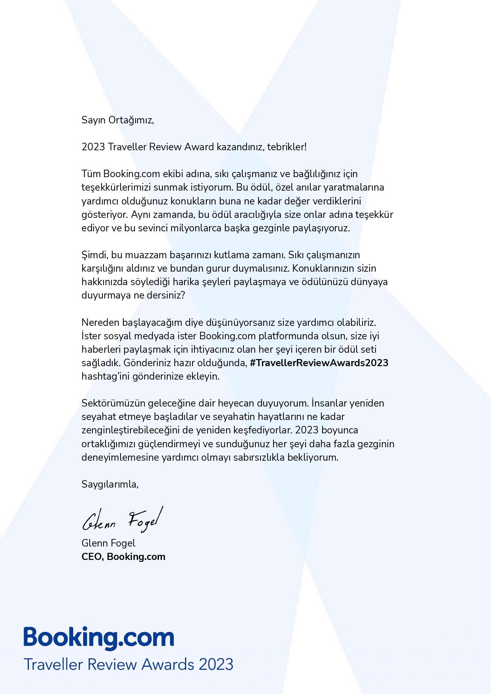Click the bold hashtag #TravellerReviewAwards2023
(319, 363)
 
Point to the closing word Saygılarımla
(110, 484)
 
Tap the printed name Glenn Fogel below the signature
(108, 543)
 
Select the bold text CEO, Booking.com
(123, 556)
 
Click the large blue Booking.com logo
(99, 637)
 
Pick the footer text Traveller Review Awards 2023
(128, 664)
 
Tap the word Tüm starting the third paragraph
(91, 174)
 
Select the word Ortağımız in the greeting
(130, 120)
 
